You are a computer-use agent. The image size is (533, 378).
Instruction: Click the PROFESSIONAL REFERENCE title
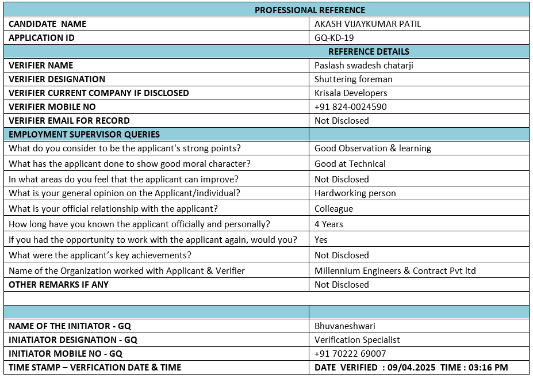[x=310, y=10]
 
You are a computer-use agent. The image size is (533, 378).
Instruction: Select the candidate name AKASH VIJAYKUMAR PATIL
[x=371, y=24]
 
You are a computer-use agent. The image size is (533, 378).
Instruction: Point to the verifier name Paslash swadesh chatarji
[x=363, y=66]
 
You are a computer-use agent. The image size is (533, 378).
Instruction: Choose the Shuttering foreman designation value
[x=353, y=79]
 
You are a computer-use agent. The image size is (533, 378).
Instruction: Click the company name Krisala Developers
[x=351, y=93]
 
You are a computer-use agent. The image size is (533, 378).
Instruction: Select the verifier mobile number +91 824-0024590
[x=350, y=107]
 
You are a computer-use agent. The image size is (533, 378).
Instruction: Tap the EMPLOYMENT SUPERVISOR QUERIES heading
[x=85, y=135]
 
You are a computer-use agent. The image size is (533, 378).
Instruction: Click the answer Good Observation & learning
[x=373, y=148]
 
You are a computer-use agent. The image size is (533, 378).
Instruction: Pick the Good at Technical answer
[x=350, y=164]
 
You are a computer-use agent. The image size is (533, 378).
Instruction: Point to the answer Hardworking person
[x=355, y=193]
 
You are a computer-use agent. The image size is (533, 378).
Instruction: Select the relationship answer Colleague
[x=333, y=209]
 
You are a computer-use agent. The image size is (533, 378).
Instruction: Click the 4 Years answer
[x=328, y=224]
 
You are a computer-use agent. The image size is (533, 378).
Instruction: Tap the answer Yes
[x=321, y=240]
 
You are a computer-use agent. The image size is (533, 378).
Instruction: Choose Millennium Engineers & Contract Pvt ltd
[x=395, y=271]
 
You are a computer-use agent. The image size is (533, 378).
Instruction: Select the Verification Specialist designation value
[x=357, y=340]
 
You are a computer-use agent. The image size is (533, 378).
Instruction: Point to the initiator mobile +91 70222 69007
[x=350, y=354]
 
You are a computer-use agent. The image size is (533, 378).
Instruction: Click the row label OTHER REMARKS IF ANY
[x=59, y=285]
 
